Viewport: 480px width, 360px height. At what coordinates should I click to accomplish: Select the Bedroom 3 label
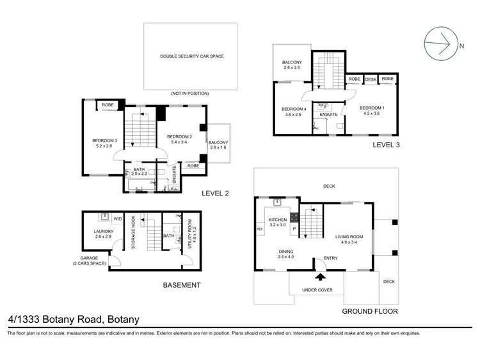[x=105, y=140]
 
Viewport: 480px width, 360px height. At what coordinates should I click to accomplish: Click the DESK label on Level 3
[x=371, y=79]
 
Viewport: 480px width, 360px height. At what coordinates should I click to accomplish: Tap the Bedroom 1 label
[x=371, y=108]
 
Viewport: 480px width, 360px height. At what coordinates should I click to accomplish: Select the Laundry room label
[x=103, y=232]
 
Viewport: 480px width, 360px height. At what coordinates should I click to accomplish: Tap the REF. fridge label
[x=260, y=229]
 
